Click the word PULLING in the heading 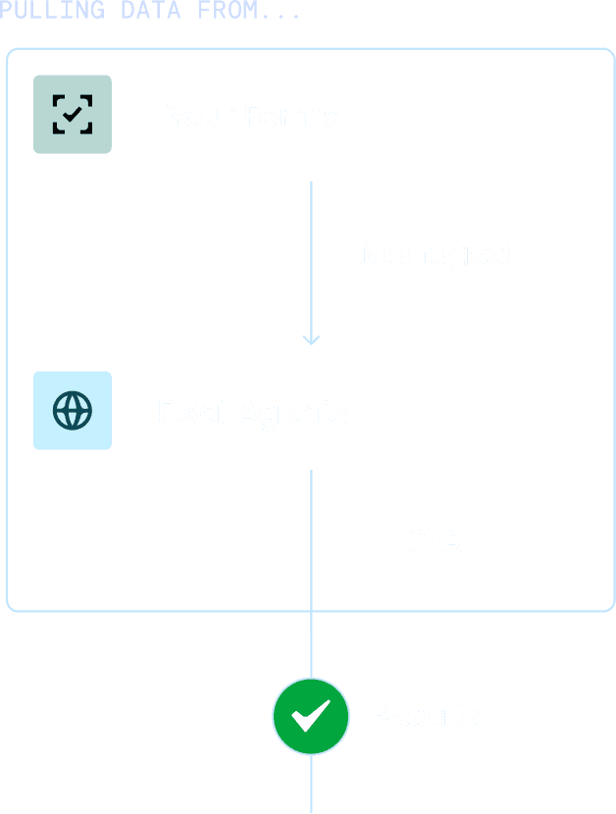coord(51,11)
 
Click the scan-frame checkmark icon coord(72,114)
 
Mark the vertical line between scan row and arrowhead coord(311,255)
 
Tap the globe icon coord(72,410)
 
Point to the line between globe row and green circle coord(311,569)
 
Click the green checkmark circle coord(311,717)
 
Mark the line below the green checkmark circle coord(311,785)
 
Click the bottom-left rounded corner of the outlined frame coord(12,606)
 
